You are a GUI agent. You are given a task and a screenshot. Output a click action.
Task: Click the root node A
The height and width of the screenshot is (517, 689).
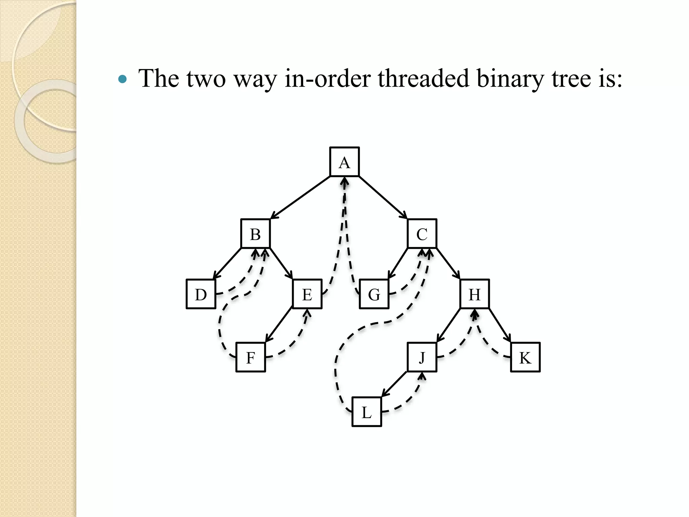pos(344,162)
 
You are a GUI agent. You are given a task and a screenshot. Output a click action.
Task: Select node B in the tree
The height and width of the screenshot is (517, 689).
pos(255,234)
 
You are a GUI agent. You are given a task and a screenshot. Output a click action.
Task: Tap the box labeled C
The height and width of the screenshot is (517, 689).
pos(422,234)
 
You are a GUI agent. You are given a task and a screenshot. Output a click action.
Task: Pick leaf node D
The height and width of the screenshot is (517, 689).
pos(201,294)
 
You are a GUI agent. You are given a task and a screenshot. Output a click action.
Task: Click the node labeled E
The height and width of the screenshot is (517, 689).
pos(307,294)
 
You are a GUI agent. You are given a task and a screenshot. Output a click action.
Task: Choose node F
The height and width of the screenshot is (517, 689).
pos(251,357)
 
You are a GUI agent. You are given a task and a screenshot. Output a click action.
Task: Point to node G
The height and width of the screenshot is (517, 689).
pos(374,294)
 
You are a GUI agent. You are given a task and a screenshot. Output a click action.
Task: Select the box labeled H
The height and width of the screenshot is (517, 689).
pos(474,294)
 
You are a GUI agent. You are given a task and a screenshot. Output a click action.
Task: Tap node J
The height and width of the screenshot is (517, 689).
pos(422,357)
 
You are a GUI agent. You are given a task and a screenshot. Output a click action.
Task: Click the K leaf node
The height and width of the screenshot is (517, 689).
pos(525,357)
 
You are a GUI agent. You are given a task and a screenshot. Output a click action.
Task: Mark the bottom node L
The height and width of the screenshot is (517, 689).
pos(367,412)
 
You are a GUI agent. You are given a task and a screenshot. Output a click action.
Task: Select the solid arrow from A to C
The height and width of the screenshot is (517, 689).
pos(383,197)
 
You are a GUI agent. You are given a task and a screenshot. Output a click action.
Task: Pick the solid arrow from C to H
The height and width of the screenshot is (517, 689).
pos(448,264)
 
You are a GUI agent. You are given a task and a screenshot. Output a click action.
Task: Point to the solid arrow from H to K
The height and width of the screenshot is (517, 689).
pos(500,325)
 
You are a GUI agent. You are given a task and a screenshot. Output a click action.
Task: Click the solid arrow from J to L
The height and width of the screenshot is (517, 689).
pos(394,384)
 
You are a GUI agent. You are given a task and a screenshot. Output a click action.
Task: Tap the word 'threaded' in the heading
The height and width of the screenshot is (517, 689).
pos(423,78)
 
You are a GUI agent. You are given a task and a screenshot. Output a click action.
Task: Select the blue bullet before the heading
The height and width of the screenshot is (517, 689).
pos(123,79)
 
